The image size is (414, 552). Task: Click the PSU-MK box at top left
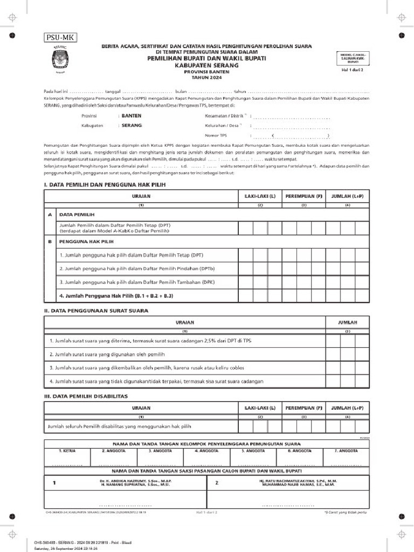tap(60, 37)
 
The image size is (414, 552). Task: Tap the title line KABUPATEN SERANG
tap(206, 64)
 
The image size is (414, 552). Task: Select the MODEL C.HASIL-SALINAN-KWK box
tap(353, 58)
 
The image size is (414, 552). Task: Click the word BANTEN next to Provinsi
tap(132, 116)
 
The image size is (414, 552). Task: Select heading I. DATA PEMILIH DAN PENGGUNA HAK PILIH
tap(105, 185)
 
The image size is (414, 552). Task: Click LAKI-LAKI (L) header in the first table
tap(260, 197)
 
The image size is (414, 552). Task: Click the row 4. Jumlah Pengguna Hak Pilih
tap(116, 296)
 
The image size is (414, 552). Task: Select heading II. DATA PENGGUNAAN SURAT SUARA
tap(96, 311)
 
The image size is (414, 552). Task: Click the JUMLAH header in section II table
tap(348, 322)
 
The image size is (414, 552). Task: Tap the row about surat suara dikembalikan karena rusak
tap(147, 368)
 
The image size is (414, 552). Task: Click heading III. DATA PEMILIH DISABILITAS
tap(85, 396)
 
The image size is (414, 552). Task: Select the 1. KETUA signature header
tap(67, 450)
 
